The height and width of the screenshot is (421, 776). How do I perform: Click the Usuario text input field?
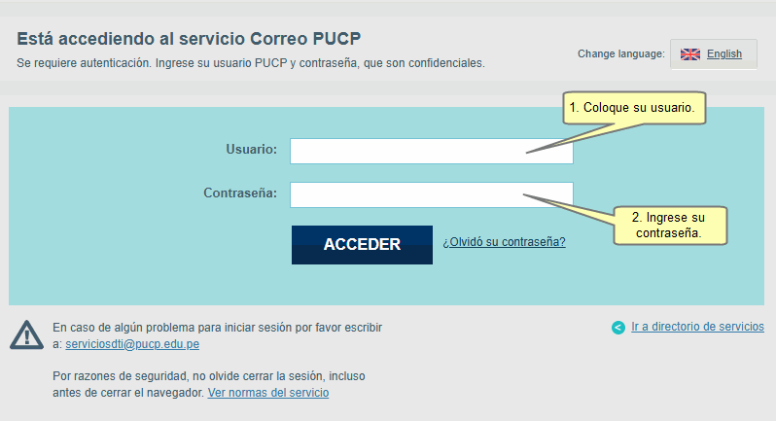pyautogui.click(x=432, y=151)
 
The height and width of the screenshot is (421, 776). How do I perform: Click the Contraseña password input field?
pyautogui.click(x=432, y=194)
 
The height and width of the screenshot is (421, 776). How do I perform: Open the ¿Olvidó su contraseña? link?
pyautogui.click(x=504, y=242)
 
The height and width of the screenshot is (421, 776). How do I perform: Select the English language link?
pyautogui.click(x=724, y=53)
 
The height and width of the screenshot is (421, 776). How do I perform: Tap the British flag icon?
pyautogui.click(x=689, y=54)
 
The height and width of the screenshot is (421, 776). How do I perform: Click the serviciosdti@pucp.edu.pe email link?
pyautogui.click(x=132, y=344)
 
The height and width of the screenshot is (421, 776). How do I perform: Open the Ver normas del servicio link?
pyautogui.click(x=268, y=393)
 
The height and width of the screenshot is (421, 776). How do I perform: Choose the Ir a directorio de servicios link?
pyautogui.click(x=697, y=327)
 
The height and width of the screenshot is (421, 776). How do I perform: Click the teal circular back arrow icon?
pyautogui.click(x=618, y=328)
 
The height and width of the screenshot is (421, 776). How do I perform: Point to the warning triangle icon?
pyautogui.click(x=26, y=334)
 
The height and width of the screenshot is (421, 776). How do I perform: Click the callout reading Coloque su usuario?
pyautogui.click(x=634, y=108)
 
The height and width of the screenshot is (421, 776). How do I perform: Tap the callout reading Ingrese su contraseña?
pyautogui.click(x=670, y=226)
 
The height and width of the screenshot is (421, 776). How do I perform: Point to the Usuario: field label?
pyautogui.click(x=252, y=149)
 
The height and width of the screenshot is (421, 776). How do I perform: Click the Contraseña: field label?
pyautogui.click(x=240, y=193)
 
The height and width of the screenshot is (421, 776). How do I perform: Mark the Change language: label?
pyautogui.click(x=621, y=53)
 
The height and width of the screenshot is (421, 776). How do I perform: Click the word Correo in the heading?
pyautogui.click(x=279, y=39)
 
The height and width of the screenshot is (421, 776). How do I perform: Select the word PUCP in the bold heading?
pyautogui.click(x=336, y=39)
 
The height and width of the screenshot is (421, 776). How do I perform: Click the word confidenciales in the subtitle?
pyautogui.click(x=446, y=63)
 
